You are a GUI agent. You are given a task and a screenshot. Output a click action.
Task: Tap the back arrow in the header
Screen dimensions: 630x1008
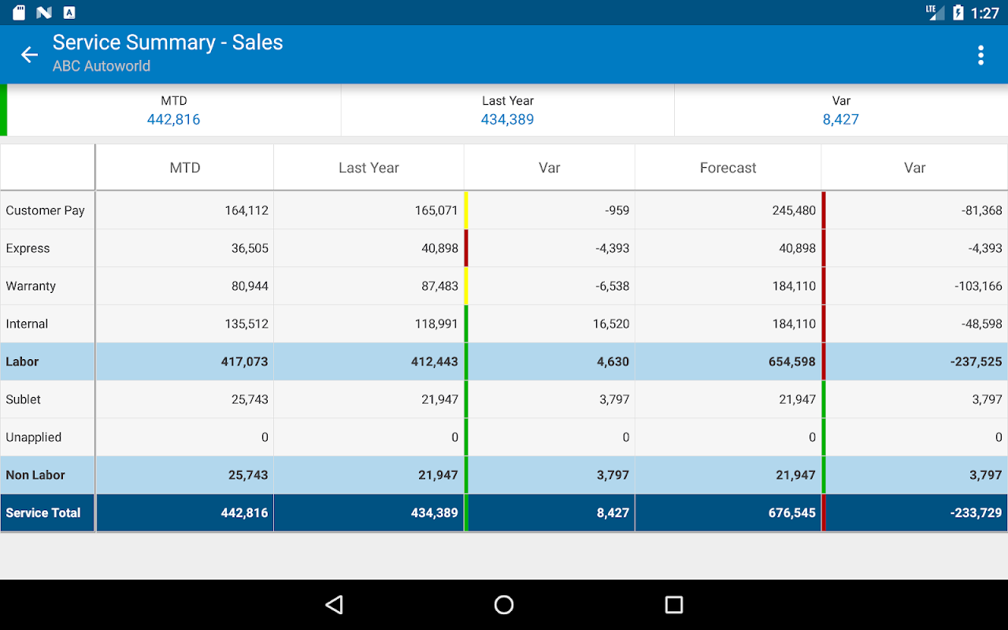point(29,54)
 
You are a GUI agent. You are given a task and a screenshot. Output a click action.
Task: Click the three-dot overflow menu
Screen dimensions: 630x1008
point(980,54)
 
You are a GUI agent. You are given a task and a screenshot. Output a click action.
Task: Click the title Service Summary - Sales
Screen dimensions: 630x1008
point(168,43)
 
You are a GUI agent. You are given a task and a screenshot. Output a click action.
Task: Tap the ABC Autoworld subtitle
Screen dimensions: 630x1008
point(102,66)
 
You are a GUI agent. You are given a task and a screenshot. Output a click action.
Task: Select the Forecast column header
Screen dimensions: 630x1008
point(728,168)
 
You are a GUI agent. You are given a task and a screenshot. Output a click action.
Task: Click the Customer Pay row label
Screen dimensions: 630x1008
point(45,210)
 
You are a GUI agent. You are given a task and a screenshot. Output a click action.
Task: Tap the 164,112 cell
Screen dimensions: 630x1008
point(246,210)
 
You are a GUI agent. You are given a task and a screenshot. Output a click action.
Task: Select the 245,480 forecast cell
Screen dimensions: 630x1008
point(794,210)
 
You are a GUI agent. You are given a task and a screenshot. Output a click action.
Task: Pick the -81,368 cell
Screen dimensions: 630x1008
point(981,210)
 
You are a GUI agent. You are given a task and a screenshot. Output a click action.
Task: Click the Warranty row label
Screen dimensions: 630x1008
point(31,286)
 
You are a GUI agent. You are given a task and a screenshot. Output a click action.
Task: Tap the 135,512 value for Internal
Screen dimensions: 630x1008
point(246,324)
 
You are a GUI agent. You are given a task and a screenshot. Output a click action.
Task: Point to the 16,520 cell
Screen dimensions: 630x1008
point(611,324)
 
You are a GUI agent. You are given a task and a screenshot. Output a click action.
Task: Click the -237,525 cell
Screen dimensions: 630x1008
point(976,361)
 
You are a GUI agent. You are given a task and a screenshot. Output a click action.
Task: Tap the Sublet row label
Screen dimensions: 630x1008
point(24,399)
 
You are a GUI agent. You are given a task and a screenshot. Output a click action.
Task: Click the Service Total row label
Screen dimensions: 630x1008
point(43,513)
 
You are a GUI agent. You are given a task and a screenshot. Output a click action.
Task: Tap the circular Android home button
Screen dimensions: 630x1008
point(504,605)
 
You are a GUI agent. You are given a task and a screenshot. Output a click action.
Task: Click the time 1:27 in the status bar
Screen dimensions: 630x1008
point(985,13)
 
